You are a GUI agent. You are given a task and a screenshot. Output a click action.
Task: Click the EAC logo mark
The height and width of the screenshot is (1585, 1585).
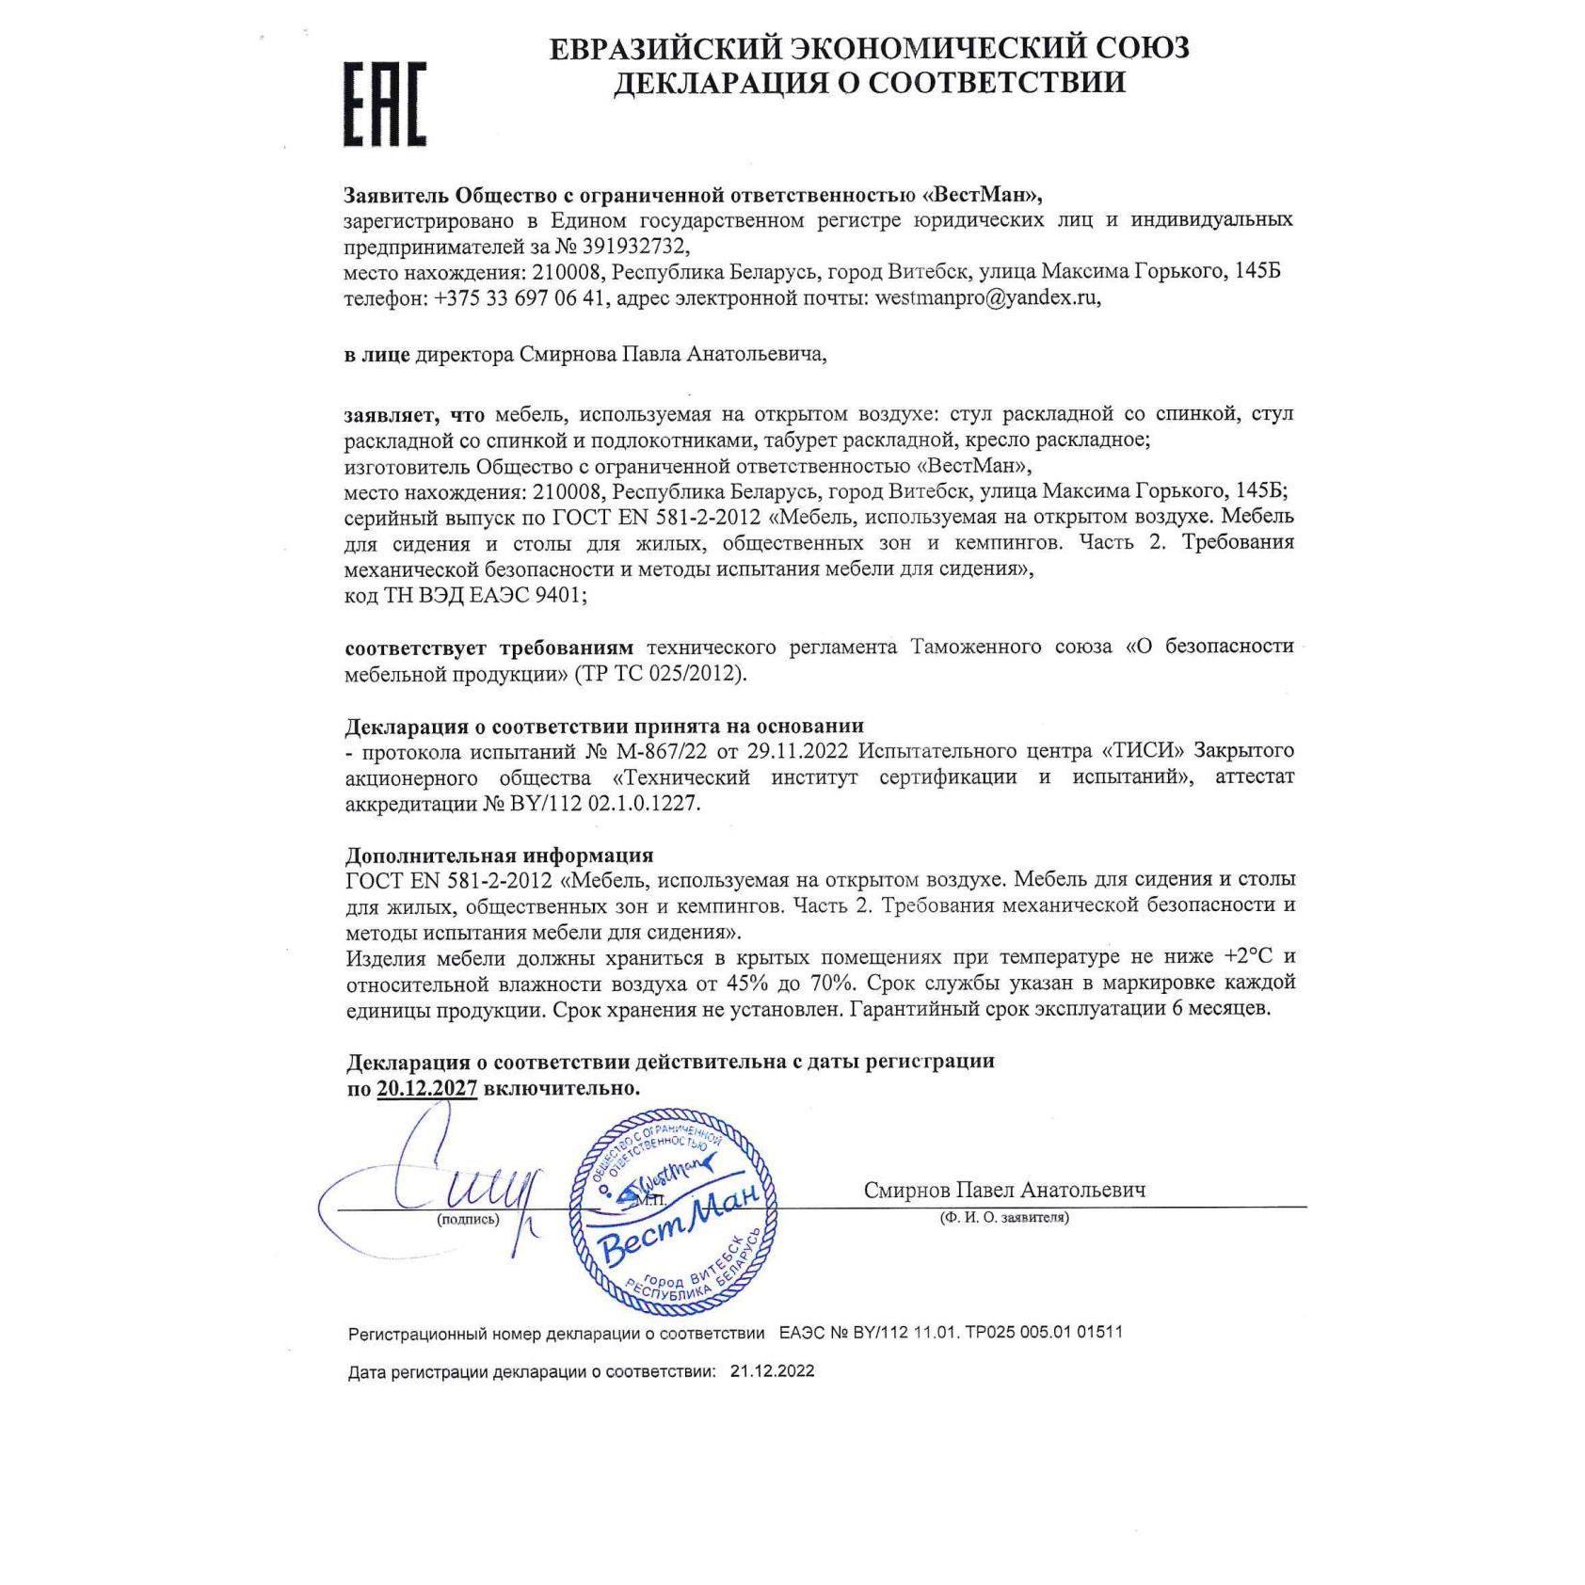(384, 104)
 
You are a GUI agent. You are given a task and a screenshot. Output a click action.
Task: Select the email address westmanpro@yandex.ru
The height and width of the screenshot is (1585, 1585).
(985, 298)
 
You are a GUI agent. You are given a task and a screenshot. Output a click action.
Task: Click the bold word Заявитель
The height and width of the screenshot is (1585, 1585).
(396, 195)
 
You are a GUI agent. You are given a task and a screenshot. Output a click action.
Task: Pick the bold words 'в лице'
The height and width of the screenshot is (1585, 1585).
(376, 355)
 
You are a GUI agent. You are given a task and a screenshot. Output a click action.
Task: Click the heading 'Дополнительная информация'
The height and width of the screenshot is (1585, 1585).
(499, 856)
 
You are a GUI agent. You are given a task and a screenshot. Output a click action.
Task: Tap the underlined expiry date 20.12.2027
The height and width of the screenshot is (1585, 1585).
(426, 1088)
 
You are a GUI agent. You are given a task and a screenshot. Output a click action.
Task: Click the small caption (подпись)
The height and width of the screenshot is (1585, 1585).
(468, 1219)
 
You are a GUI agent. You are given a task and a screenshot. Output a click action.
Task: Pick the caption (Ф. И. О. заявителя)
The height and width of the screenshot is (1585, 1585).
(1003, 1217)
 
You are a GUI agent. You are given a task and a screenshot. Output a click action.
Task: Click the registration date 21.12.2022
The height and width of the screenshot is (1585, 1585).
(772, 1371)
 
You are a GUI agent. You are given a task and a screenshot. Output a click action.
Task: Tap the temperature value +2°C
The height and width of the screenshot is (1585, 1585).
(1248, 956)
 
